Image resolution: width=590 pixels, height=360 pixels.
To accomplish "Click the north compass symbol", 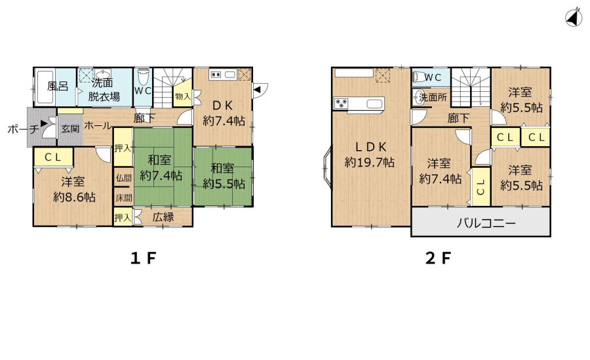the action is [574, 18].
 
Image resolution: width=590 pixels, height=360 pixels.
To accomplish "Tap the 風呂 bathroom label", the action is [58, 87].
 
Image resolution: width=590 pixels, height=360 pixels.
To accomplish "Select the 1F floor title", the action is [143, 258].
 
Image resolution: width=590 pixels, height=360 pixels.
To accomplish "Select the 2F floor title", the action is [438, 258].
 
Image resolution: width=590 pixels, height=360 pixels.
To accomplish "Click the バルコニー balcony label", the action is [486, 224].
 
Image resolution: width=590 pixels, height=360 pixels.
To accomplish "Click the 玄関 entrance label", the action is [70, 129].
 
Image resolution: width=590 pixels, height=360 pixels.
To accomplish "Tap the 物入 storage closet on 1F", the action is [183, 96].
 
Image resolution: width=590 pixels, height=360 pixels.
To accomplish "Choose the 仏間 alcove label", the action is [124, 178].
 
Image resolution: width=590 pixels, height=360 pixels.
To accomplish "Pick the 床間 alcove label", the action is [124, 197].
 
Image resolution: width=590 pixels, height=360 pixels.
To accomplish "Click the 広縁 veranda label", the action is [163, 217].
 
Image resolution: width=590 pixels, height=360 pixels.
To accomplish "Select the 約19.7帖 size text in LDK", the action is [370, 163].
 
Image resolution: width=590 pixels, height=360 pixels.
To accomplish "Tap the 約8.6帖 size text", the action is [74, 197].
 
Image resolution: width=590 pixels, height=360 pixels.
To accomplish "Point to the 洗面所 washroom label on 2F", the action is [433, 98].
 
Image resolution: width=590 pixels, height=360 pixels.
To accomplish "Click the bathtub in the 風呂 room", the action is [45, 87].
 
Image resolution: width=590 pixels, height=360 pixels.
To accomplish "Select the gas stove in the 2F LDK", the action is [341, 103].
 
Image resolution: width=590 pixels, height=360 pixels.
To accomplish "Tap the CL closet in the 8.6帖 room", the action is [53, 157].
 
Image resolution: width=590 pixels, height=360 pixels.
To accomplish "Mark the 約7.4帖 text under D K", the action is [224, 121].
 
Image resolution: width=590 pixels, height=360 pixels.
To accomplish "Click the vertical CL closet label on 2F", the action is [481, 187].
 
